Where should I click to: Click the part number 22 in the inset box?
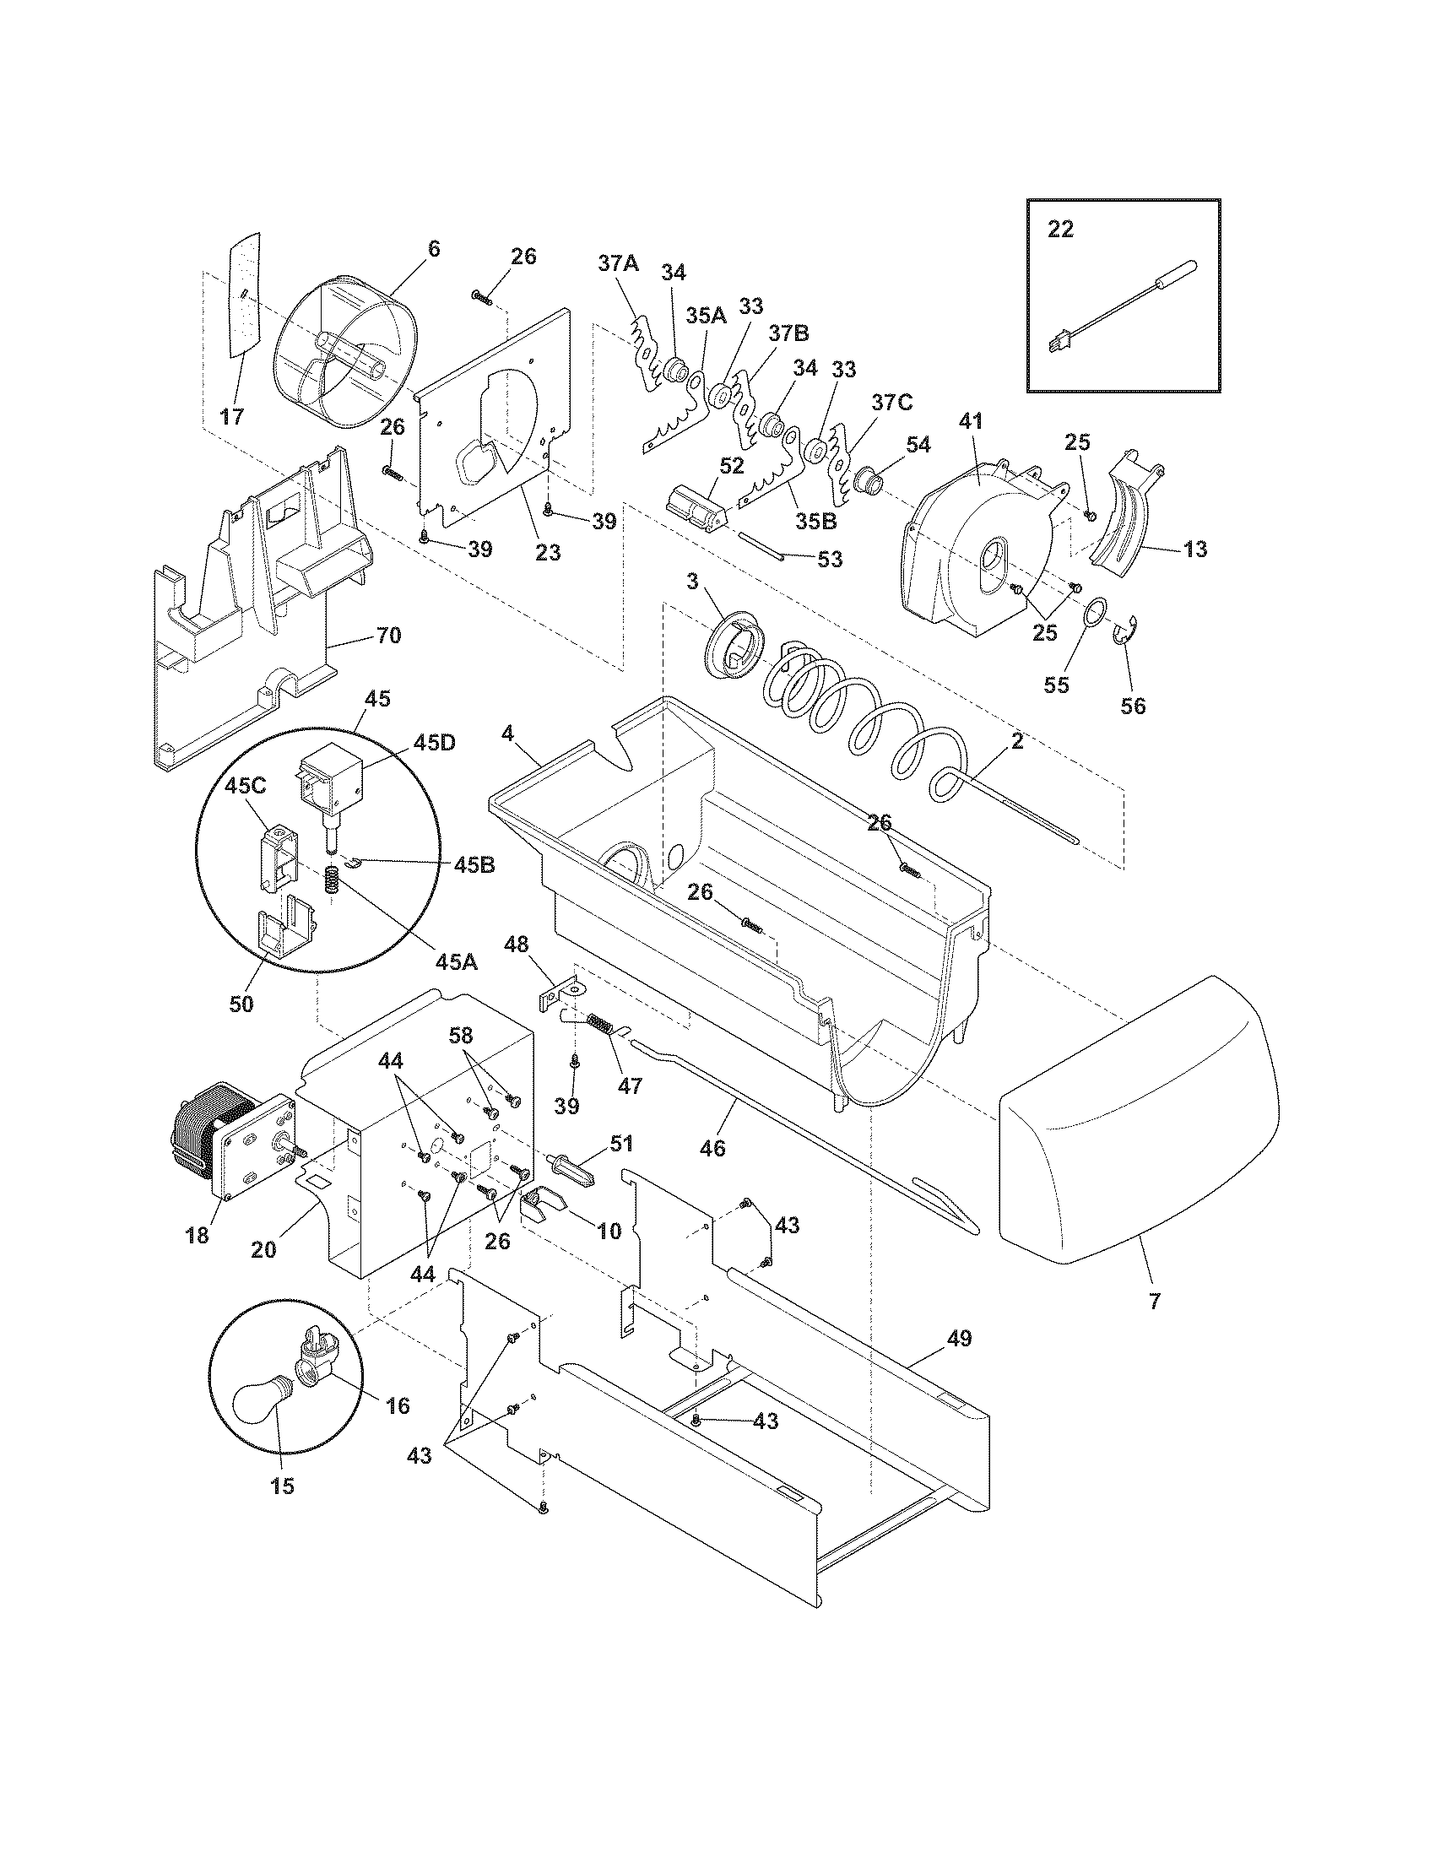point(1060,230)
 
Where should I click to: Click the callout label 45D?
point(435,741)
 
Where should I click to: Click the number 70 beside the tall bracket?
point(388,635)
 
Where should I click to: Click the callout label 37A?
point(617,264)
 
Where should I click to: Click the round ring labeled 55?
point(1096,612)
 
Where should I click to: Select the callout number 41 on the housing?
point(971,421)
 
